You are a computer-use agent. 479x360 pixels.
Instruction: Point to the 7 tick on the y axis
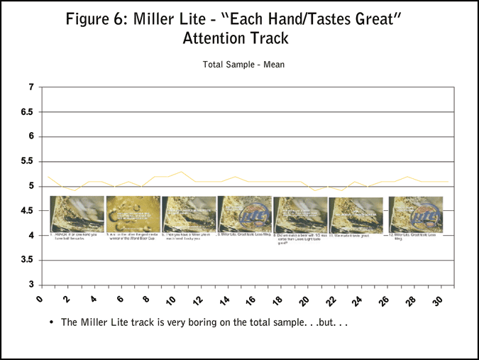point(31,87)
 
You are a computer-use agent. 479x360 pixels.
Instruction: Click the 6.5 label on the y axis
point(26,112)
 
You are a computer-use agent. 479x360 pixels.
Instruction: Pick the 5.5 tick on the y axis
point(26,161)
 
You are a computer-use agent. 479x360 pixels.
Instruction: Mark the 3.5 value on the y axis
point(26,260)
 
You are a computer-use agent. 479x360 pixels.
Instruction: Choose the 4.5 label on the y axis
point(26,211)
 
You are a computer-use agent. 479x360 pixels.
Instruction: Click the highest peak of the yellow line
point(182,172)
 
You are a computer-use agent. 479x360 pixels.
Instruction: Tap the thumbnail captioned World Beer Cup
point(133,214)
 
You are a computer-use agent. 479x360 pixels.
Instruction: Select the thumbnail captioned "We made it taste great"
point(356,214)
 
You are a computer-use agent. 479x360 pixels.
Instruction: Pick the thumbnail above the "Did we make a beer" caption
point(300,214)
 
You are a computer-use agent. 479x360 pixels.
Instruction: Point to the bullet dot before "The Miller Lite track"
point(52,322)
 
